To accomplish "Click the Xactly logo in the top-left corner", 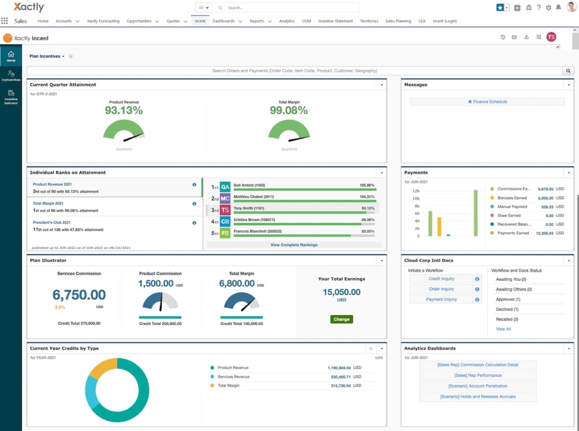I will (29, 7).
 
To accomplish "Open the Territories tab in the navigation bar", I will (369, 21).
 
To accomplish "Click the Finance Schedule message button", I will (487, 102).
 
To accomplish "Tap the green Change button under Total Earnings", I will (342, 319).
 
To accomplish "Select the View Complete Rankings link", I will (294, 244).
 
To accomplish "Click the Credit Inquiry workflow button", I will (441, 279).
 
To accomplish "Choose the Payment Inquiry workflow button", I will (441, 299).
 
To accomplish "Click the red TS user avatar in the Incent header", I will (551, 37).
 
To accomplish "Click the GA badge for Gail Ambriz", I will (225, 187).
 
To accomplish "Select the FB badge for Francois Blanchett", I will (225, 233).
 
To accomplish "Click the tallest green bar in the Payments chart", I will (475, 213).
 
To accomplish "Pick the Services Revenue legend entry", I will (233, 377).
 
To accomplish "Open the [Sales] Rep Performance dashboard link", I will (477, 376).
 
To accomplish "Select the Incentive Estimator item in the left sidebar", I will (11, 97).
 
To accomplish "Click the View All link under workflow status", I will (503, 329).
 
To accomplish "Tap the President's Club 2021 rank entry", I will (52, 222).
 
